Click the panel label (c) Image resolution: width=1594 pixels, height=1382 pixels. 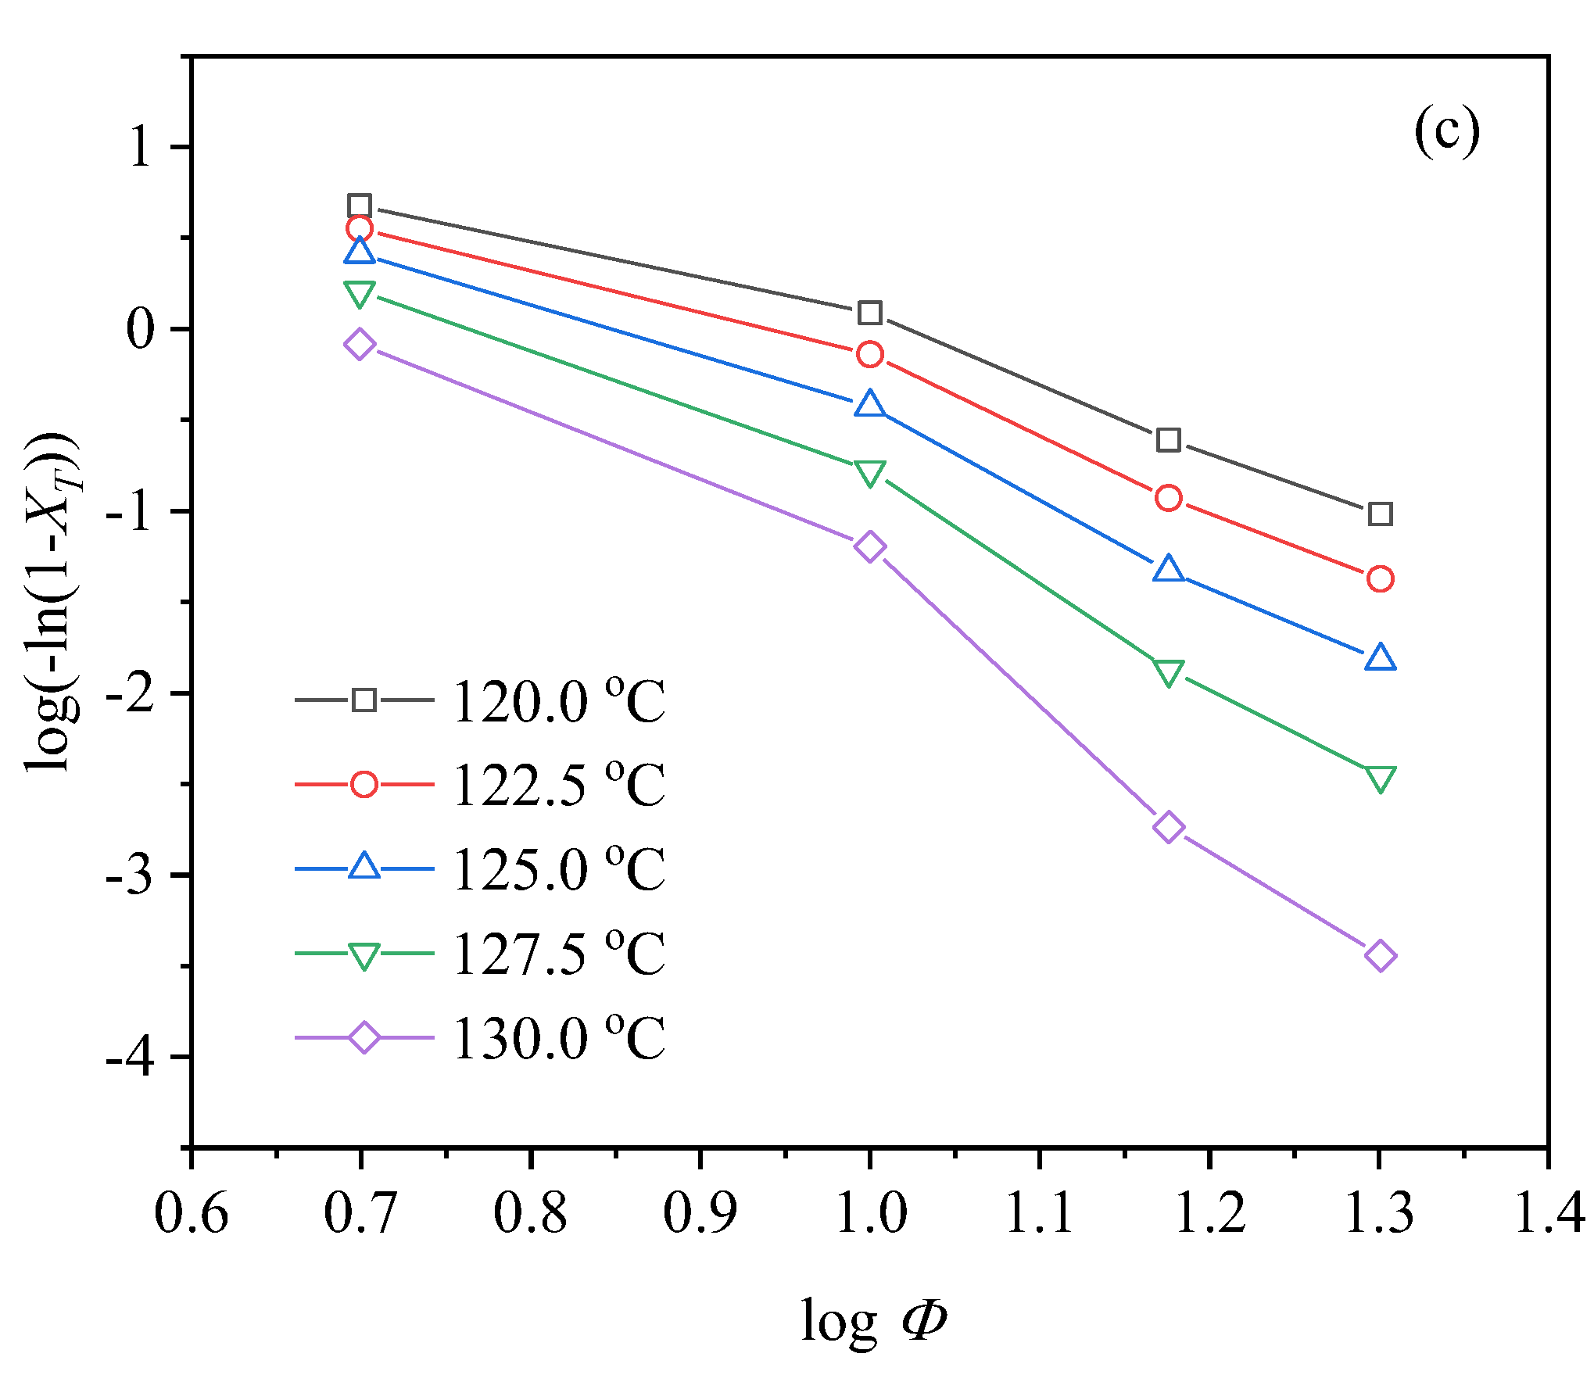click(x=1446, y=131)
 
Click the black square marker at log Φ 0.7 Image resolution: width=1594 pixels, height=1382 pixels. click(x=359, y=206)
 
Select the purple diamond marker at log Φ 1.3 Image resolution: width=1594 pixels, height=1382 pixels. click(x=1380, y=955)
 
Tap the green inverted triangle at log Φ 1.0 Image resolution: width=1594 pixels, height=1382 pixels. click(x=869, y=472)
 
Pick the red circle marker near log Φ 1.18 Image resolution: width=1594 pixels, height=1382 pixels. click(x=1168, y=498)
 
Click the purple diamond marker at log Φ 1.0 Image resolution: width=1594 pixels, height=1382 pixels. click(x=869, y=546)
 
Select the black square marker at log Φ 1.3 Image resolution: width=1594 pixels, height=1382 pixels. click(x=1380, y=514)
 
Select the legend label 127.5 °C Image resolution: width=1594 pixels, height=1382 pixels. click(x=558, y=954)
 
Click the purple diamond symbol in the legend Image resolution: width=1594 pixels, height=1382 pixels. click(x=364, y=1037)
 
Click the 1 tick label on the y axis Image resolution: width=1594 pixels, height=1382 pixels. click(x=141, y=147)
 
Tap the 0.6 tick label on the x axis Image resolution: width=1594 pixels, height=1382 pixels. click(x=191, y=1213)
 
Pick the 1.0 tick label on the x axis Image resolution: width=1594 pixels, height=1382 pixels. click(x=870, y=1213)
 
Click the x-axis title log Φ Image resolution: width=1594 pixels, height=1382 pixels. click(x=873, y=1321)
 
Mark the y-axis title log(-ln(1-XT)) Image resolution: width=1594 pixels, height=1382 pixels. click(x=53, y=602)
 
